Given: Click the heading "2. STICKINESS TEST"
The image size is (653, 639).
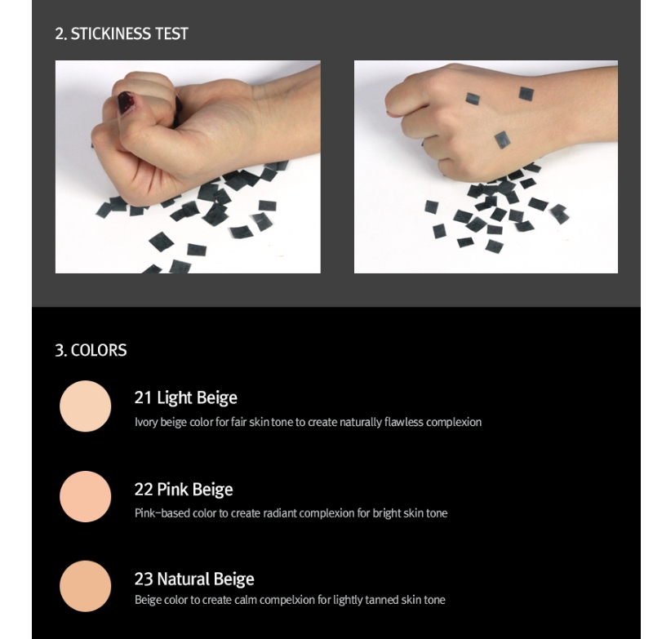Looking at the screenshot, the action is [x=121, y=33].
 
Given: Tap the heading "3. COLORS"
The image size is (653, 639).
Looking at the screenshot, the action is [x=91, y=350].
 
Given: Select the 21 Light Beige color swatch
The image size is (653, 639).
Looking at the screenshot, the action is [x=86, y=406].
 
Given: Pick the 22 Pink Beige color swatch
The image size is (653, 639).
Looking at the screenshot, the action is [x=86, y=496].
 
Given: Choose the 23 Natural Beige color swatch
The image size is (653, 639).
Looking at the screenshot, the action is [x=86, y=586].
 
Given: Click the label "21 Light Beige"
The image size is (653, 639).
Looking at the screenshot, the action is [x=186, y=398].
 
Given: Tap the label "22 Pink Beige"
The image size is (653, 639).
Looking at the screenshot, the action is [x=184, y=490].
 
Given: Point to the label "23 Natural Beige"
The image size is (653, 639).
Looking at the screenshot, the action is [x=194, y=579].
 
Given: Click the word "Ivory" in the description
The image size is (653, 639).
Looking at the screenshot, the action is [x=146, y=422].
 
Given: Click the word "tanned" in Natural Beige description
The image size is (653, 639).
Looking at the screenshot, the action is [x=382, y=600].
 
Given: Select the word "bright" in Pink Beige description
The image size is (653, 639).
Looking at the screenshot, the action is [x=386, y=513].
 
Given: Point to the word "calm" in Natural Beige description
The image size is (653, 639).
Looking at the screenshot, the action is [x=245, y=600].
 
